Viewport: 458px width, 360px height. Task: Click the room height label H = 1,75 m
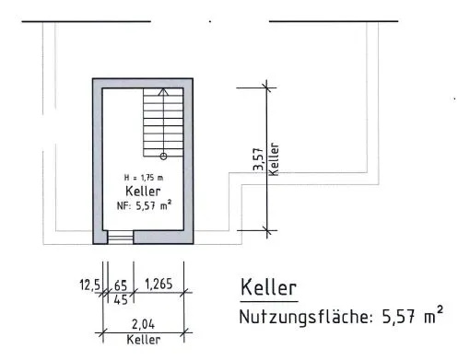point(144,178)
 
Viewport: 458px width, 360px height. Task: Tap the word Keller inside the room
point(143,192)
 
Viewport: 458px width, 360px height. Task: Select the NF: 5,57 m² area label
point(144,205)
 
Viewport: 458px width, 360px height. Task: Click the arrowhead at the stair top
point(163,91)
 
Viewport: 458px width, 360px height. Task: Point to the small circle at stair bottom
point(163,157)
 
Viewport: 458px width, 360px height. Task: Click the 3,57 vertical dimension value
point(258,159)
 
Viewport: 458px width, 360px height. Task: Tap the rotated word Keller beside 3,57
point(274,159)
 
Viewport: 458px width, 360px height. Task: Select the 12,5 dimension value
point(89,285)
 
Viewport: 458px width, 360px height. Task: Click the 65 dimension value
point(121,285)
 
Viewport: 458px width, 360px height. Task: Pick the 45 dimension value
point(121,299)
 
